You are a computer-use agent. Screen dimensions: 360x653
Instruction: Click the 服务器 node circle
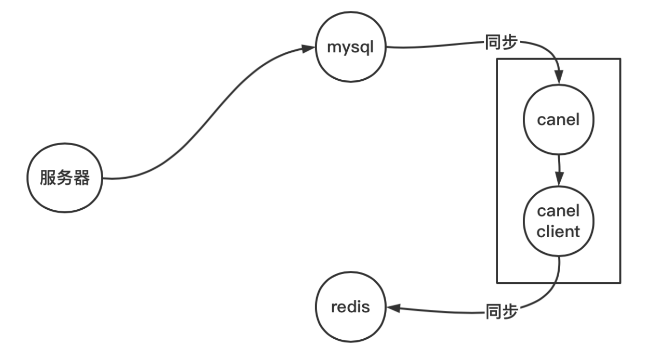pyautogui.click(x=65, y=178)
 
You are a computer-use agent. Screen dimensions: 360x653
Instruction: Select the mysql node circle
pyautogui.click(x=351, y=48)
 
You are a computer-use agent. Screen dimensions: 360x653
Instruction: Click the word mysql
pyautogui.click(x=351, y=48)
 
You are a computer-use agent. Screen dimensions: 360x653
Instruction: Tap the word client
pyautogui.click(x=559, y=231)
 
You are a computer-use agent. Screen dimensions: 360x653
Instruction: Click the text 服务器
pyautogui.click(x=65, y=178)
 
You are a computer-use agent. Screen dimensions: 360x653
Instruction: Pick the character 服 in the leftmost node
pyautogui.click(x=49, y=178)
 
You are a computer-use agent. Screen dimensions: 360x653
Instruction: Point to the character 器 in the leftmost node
pyautogui.click(x=82, y=178)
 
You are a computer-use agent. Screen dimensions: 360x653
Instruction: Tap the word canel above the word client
pyautogui.click(x=559, y=211)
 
